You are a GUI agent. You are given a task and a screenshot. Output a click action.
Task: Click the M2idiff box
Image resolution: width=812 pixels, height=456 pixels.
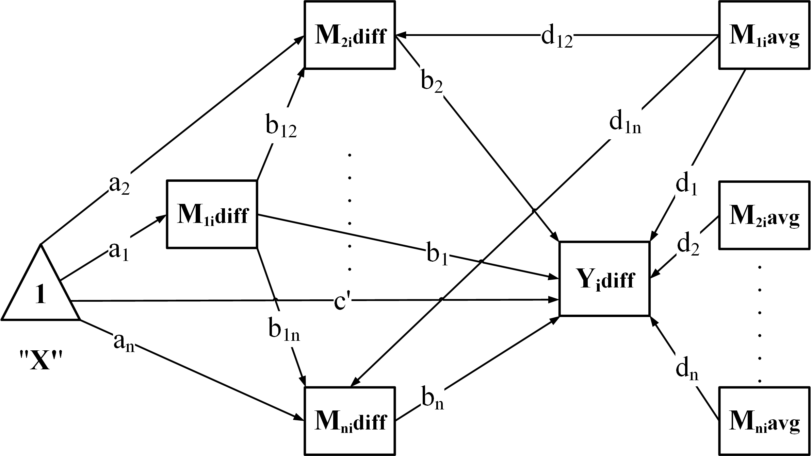pos(350,35)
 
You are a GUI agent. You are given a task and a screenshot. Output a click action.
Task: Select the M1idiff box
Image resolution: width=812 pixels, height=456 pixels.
pos(212,214)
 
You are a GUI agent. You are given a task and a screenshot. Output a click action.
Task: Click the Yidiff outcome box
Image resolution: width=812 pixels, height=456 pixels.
pos(604,279)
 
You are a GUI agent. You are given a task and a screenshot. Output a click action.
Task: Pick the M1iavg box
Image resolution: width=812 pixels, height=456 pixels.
pos(764,35)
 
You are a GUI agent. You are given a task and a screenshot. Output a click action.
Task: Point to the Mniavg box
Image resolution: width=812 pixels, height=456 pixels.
pos(764,421)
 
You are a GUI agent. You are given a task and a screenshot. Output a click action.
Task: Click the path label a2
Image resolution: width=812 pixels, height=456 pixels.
pos(119,185)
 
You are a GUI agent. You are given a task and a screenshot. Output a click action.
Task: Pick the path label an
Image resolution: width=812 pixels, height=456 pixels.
pos(124,343)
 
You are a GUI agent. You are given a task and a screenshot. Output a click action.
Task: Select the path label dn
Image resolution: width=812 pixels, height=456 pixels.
pos(687,370)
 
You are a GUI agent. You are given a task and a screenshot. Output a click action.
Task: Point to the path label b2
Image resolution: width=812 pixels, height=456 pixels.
pos(432,83)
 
